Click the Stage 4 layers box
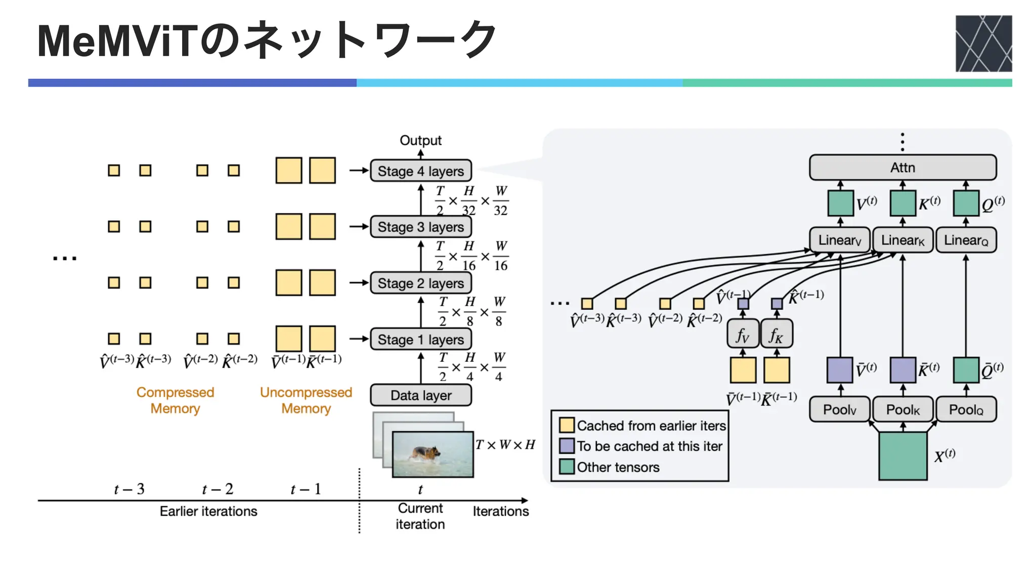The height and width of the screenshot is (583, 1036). click(x=420, y=171)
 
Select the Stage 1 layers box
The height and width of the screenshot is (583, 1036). click(x=420, y=339)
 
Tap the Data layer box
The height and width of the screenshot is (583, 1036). click(x=420, y=395)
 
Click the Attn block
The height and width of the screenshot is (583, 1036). click(x=902, y=168)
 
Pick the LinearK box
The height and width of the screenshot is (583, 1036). click(x=902, y=240)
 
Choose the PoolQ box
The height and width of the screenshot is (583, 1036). click(x=966, y=409)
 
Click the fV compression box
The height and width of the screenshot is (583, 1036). click(x=743, y=335)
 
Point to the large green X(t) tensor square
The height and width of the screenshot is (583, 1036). click(x=902, y=455)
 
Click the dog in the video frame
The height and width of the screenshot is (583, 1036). click(x=426, y=453)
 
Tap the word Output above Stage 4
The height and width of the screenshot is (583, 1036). click(x=420, y=140)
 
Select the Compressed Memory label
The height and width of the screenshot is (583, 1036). click(x=175, y=400)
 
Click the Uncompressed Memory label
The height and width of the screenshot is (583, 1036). click(x=306, y=400)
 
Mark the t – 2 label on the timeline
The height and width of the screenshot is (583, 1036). click(x=218, y=489)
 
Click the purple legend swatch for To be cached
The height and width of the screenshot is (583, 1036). click(x=567, y=446)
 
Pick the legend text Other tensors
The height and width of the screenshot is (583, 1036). click(x=618, y=467)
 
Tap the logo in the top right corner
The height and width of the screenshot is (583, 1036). click(x=983, y=44)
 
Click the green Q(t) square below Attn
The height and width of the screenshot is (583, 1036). click(x=965, y=203)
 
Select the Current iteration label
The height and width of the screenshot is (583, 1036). click(x=420, y=516)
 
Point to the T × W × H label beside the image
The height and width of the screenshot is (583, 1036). click(x=505, y=445)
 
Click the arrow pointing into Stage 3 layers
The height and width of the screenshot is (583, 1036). click(x=359, y=227)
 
